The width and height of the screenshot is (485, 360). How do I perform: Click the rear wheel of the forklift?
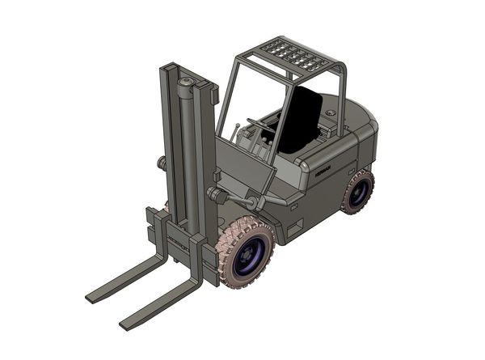(x=357, y=192)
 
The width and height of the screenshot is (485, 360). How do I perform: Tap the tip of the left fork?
(x=92, y=297)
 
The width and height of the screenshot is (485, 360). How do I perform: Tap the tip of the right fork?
(x=126, y=324)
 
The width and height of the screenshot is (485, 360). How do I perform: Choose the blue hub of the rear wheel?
(x=359, y=192)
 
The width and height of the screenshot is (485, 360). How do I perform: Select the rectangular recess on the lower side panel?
(x=294, y=227)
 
